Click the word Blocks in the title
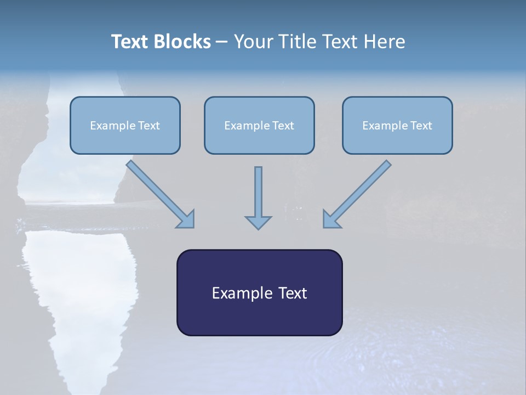183,42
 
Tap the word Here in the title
384,42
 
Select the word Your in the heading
253,42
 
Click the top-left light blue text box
125,125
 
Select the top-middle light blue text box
259,125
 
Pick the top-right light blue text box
397,125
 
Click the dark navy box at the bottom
259,292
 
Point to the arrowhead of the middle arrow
258,222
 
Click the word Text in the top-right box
421,126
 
